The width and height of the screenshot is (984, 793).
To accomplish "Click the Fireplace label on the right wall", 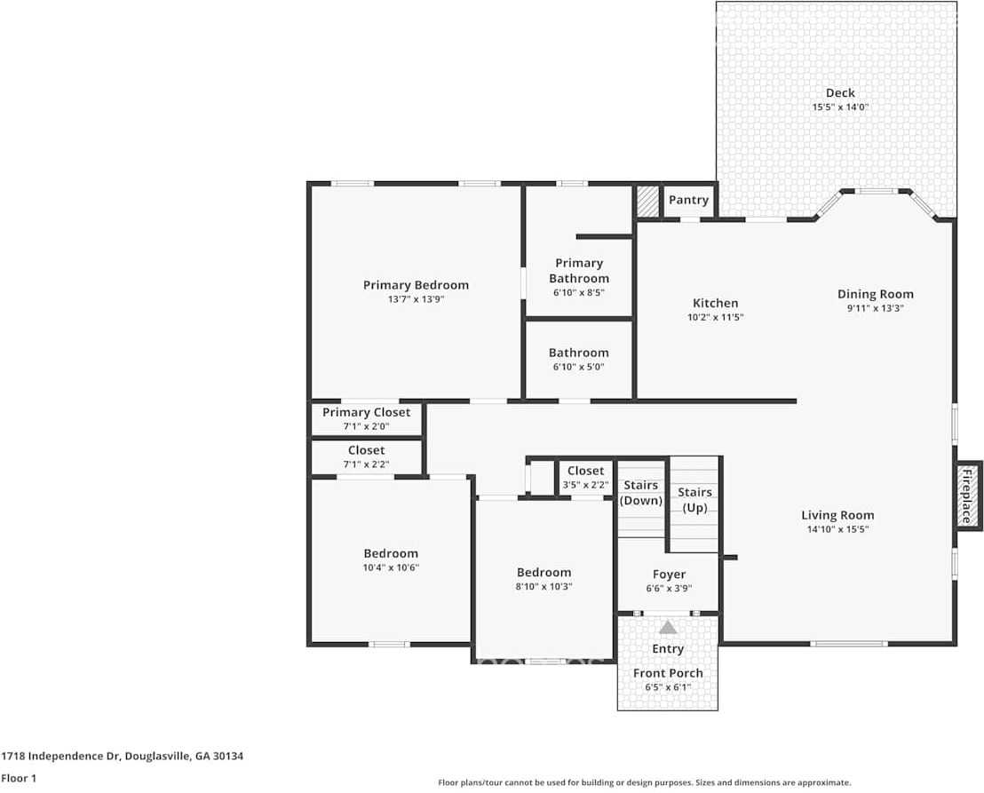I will point(967,496).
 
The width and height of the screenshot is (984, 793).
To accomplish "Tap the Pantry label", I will point(688,200).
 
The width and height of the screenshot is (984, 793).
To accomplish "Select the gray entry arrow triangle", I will point(668,627).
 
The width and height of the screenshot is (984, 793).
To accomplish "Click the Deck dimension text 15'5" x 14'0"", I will point(839,107).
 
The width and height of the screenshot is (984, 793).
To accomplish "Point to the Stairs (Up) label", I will point(694,500).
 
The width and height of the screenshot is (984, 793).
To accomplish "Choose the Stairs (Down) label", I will point(641,493).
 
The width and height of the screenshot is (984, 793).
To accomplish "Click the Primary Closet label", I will point(366,412).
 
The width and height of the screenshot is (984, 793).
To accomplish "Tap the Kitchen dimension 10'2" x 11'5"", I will point(715,317).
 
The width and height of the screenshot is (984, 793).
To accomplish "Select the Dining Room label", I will point(875,294).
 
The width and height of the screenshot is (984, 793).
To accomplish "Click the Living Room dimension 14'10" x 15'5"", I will point(837,529).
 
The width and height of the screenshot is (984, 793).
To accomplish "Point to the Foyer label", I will point(669,575).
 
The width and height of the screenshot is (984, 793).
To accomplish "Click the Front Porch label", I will point(668,673).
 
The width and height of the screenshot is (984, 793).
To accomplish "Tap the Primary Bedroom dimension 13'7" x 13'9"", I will point(416,299).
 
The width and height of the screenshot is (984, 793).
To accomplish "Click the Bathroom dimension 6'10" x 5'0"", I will point(578,367).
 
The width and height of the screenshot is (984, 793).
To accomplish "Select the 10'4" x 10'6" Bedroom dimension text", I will point(390,567).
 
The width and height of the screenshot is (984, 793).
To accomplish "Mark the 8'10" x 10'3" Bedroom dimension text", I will point(544,586).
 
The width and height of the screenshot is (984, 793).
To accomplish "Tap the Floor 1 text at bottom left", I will point(18,779).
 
